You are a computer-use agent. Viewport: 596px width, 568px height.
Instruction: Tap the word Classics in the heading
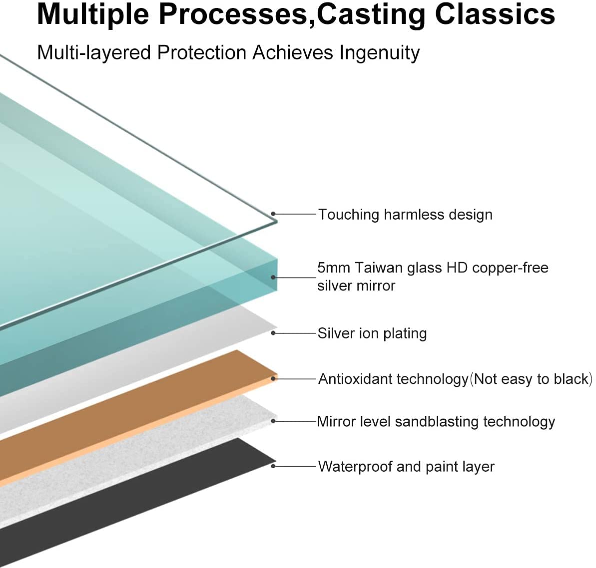495,14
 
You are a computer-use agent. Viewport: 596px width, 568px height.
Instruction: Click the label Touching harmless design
405,215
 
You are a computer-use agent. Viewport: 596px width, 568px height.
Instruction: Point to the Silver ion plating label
372,333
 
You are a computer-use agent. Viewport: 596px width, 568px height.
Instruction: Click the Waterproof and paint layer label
406,467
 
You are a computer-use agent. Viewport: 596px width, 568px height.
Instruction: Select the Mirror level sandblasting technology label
436,422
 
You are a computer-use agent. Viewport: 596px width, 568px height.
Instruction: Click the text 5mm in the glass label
333,268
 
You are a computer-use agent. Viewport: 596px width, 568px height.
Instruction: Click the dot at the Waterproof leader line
273,466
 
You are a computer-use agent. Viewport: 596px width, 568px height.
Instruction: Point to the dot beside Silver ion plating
273,333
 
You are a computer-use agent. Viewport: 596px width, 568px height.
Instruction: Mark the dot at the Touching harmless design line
273,214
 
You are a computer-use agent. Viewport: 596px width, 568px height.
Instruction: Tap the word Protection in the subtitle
201,53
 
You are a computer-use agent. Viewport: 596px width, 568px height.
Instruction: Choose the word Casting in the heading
371,14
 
